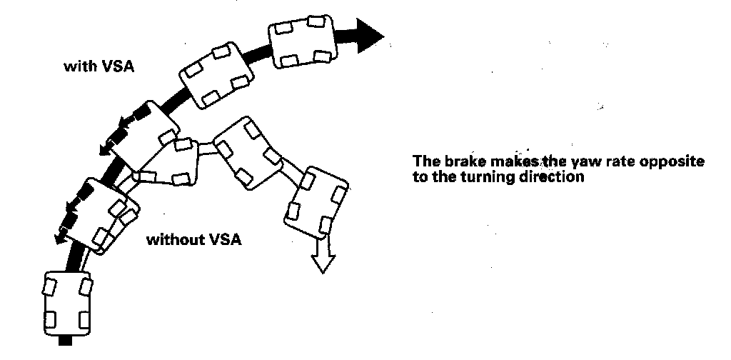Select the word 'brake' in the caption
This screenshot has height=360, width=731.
[x=464, y=161]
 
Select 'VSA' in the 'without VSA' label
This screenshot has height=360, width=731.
[x=225, y=240]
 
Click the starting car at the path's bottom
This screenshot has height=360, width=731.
[x=68, y=304]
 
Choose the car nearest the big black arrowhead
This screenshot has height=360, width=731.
[x=303, y=41]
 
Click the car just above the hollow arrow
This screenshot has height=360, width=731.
[x=316, y=204]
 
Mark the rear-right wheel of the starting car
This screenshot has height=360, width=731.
[x=84, y=321]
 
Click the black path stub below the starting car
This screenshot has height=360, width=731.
[x=65, y=341]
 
